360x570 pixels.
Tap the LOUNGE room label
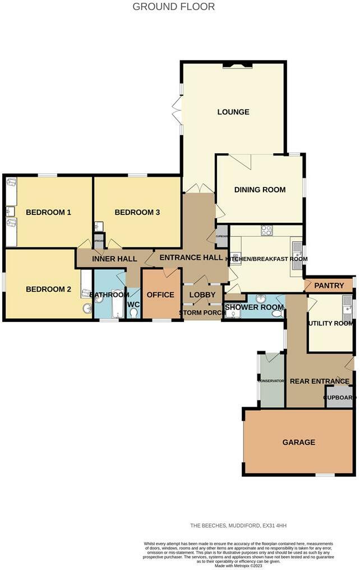pyautogui.click(x=233, y=112)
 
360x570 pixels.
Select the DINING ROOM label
pyautogui.click(x=260, y=190)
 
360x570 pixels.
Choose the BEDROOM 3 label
pyautogui.click(x=137, y=212)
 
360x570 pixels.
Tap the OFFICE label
pyautogui.click(x=160, y=295)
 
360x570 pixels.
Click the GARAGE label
pyautogui.click(x=298, y=442)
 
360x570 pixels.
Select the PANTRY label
pyautogui.click(x=329, y=286)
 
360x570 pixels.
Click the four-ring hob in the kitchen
pyautogui.click(x=267, y=230)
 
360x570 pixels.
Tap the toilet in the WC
pyautogui.click(x=133, y=312)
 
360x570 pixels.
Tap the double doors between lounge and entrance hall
pyautogui.click(x=199, y=189)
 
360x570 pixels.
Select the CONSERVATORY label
pyautogui.click(x=271, y=381)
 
